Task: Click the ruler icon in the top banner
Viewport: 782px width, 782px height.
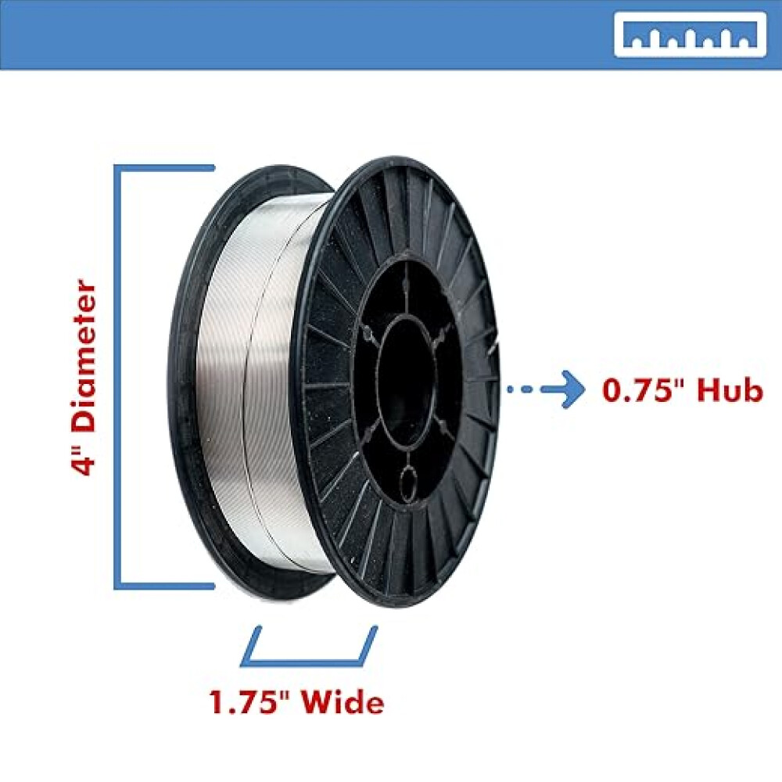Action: click(689, 34)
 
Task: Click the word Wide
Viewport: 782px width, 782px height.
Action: click(345, 702)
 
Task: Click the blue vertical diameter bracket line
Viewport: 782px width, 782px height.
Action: click(118, 375)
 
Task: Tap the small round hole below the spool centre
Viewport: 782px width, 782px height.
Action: click(408, 478)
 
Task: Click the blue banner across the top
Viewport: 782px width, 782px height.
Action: click(313, 34)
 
